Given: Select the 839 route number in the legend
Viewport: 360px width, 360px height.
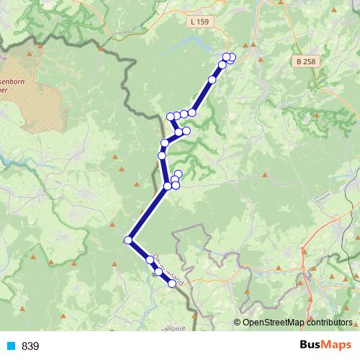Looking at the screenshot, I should coord(30,346).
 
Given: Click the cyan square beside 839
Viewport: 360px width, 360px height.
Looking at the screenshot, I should coord(10,346).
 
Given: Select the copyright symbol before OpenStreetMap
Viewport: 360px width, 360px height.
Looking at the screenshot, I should coord(238,323).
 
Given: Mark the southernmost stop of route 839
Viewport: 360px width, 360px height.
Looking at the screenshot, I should coord(172,284).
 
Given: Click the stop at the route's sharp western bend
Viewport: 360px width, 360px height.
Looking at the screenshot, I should coord(128,240).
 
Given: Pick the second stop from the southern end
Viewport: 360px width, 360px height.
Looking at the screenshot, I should coord(158,271).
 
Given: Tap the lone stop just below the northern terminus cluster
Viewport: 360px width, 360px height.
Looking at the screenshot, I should coord(212,80).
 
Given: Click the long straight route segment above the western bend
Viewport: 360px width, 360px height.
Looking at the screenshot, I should coord(148,213).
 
